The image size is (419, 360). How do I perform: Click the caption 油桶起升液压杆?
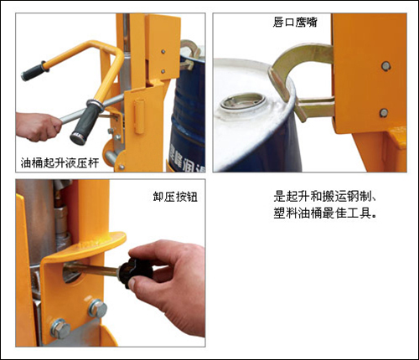tap(59, 162)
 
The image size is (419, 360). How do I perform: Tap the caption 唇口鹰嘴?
tap(295, 22)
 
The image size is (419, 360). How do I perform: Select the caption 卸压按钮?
tap(175, 197)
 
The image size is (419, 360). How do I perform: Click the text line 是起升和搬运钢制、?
tap(325, 197)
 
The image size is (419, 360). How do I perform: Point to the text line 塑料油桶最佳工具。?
tap(325, 213)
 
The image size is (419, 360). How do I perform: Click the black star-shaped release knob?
tap(136, 272)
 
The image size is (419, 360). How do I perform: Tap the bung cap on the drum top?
tap(243, 102)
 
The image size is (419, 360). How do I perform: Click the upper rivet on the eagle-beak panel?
tap(385, 66)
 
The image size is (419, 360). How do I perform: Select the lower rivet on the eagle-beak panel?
tap(384, 113)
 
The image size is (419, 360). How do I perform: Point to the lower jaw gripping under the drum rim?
tap(312, 107)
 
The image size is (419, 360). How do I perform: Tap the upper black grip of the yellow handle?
tap(34, 71)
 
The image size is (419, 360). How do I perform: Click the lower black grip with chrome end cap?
tap(85, 121)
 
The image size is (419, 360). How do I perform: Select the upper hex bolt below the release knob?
tap(98, 308)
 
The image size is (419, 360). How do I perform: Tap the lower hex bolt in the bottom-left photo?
tap(60, 328)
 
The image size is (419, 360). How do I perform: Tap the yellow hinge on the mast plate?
tap(139, 116)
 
